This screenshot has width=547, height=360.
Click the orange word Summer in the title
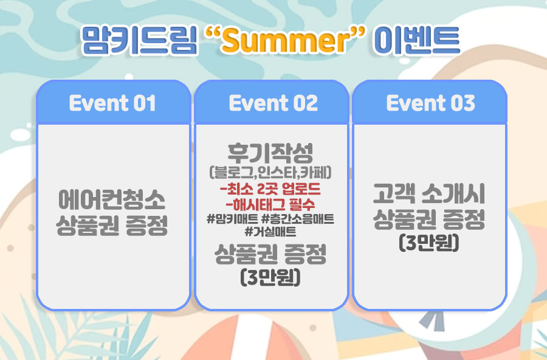tap(285, 40)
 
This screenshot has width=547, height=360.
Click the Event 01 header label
tap(112, 103)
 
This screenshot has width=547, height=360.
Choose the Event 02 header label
tap(273, 103)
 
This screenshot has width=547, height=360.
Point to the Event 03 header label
tap(430, 103)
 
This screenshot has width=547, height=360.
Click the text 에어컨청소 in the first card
tap(112, 199)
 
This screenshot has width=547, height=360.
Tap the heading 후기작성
tap(270, 153)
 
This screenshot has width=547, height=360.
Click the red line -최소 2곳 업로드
tap(270, 189)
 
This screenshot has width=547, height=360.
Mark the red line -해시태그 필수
tap(270, 204)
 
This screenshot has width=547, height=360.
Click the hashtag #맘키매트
tap(232, 220)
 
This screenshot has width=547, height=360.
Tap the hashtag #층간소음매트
tap(298, 220)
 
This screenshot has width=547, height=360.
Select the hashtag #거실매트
tap(270, 232)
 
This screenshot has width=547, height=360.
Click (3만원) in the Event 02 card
tap(270, 277)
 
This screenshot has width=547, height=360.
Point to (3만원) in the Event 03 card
tap(429, 243)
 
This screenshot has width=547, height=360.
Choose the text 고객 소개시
tap(429, 193)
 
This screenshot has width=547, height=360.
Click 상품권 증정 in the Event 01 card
tap(112, 225)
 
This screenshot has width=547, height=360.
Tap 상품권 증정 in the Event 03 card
tap(429, 220)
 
